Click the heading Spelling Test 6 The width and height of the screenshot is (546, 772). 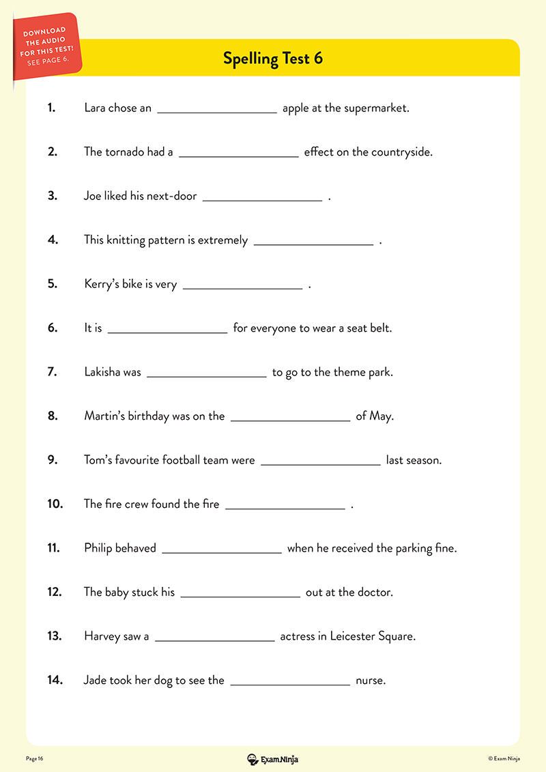pyautogui.click(x=273, y=58)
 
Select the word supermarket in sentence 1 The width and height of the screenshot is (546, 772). pyautogui.click(x=376, y=108)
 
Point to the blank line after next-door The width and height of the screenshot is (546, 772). pyautogui.click(x=262, y=199)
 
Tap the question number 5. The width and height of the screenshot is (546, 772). pyautogui.click(x=53, y=284)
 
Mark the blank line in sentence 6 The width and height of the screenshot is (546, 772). pyautogui.click(x=167, y=331)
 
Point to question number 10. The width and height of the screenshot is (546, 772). pyautogui.click(x=55, y=504)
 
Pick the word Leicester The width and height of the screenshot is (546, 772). pyautogui.click(x=358, y=636)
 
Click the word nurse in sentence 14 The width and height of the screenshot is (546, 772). pyautogui.click(x=371, y=680)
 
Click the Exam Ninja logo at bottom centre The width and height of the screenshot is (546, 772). pyautogui.click(x=272, y=758)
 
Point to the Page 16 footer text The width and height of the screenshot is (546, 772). pyautogui.click(x=35, y=758)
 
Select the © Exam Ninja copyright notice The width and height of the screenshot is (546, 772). pyautogui.click(x=504, y=758)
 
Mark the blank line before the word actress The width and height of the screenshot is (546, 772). pyautogui.click(x=214, y=639)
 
